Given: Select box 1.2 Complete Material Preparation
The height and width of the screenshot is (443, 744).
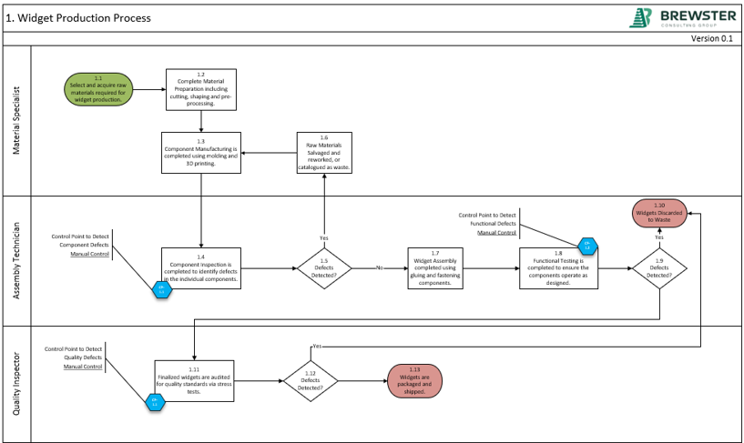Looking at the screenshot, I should coord(201,89).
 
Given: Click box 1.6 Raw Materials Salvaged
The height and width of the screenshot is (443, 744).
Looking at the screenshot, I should coord(324,152).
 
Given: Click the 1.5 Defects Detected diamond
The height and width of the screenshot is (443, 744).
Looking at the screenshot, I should coord(324,269).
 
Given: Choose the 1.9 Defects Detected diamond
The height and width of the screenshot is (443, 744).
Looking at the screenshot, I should coord(659,269).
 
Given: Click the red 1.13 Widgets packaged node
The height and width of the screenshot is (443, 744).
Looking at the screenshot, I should coord(414,380).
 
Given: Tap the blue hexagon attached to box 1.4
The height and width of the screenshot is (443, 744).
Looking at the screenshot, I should coord(161,288).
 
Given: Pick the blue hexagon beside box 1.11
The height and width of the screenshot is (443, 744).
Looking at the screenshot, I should coord(155,400).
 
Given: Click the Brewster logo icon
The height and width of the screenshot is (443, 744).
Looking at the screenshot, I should coord(641,18).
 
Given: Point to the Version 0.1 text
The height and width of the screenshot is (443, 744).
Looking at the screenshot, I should coord(711,39).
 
